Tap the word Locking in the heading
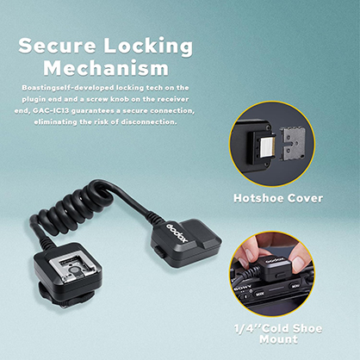tap(148, 47)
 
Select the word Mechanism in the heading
tap(106, 68)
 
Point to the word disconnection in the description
tap(148, 122)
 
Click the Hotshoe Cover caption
tap(278, 198)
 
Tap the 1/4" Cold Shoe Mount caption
tap(278, 334)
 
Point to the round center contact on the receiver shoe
tap(74, 270)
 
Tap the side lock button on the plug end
tap(159, 251)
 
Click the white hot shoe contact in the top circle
tap(266, 147)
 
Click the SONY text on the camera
tap(243, 287)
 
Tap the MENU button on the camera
tap(295, 286)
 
